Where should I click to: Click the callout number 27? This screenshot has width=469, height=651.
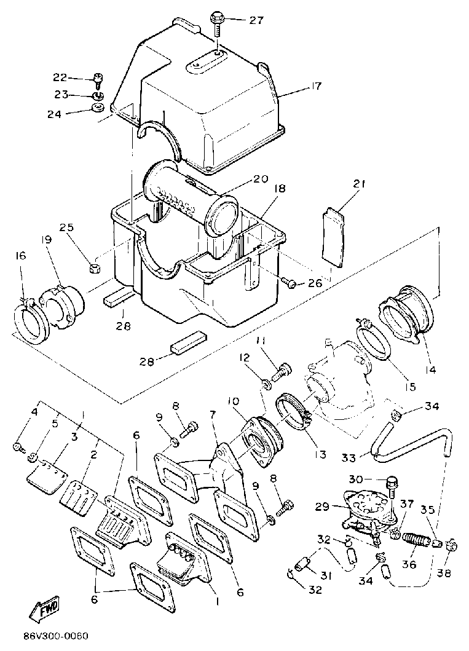coord(256,20)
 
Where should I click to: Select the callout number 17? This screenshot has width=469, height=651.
coord(315,86)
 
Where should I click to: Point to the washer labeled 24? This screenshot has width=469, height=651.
coord(97,109)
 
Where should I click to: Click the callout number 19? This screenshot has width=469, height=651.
coord(46,239)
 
